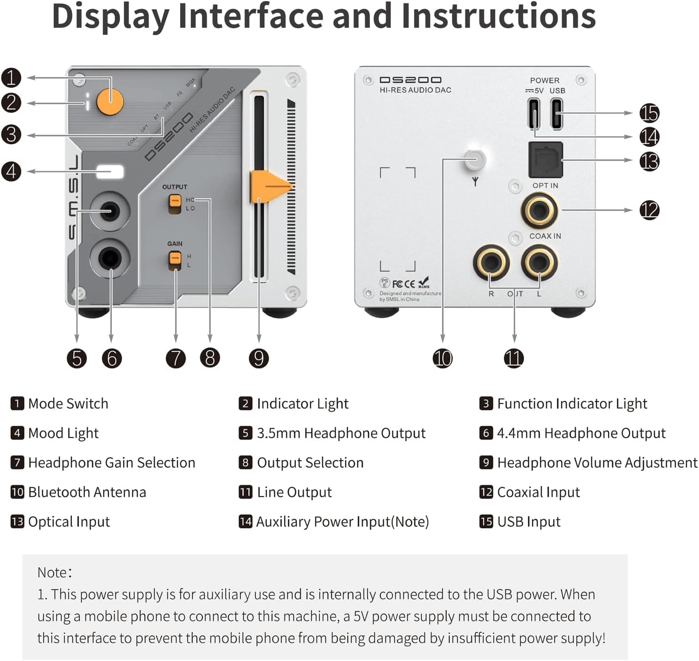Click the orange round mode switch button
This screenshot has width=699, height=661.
pos(110,101)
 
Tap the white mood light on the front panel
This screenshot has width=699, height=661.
pos(110,172)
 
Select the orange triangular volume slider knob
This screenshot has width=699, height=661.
pos(268,187)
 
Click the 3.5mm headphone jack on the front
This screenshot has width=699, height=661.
pos(110,211)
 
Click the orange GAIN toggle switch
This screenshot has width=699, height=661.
pos(174,260)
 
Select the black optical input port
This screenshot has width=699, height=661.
pos(546,160)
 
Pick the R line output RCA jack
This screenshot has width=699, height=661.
pos(491,261)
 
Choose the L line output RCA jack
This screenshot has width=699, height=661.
pos(540,261)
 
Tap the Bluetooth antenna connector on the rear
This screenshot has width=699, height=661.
pos(474,160)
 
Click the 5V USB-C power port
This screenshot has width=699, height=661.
pos(534,113)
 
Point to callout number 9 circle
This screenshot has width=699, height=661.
pos(259,358)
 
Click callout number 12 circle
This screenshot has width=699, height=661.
pos(649,210)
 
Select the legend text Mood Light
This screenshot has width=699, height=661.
pos(63,433)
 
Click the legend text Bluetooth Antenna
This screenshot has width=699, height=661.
pos(87,492)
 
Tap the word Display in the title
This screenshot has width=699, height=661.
pos(110,16)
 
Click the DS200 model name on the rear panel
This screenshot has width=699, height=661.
pos(410,80)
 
